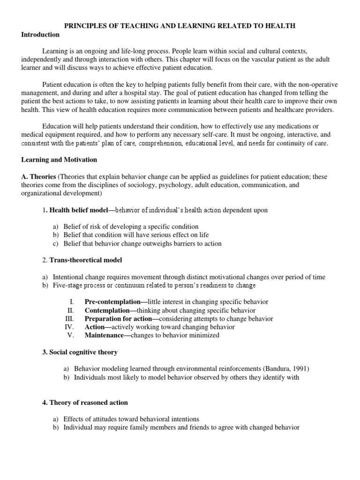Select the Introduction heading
40,35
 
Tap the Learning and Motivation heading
59,159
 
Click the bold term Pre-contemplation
112,302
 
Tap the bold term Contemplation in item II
106,310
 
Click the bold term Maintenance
104,336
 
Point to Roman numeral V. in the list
71,336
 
